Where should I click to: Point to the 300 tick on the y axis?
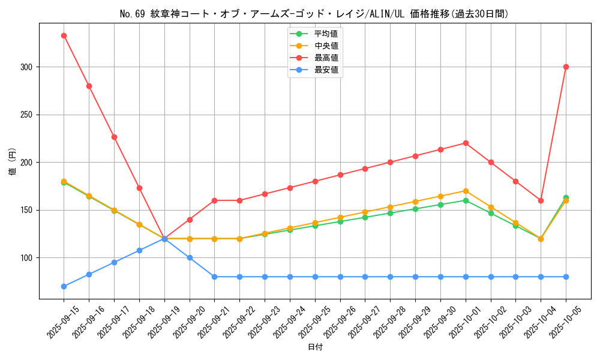pos(26,67)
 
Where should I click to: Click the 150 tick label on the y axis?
pos(26,210)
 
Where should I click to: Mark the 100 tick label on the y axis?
pos(26,258)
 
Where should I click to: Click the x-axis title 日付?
pos(314,347)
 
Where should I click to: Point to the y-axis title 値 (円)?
pos(13,161)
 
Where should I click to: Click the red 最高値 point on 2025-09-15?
pos(64,35)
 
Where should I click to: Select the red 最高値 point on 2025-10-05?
pos(566,67)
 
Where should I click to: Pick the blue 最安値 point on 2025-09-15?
pos(64,286)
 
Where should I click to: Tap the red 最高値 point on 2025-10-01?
pos(466,143)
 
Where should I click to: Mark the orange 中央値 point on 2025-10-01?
pos(466,191)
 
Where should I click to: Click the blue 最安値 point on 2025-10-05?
pos(566,277)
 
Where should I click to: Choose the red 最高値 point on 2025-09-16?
pos(89,86)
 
